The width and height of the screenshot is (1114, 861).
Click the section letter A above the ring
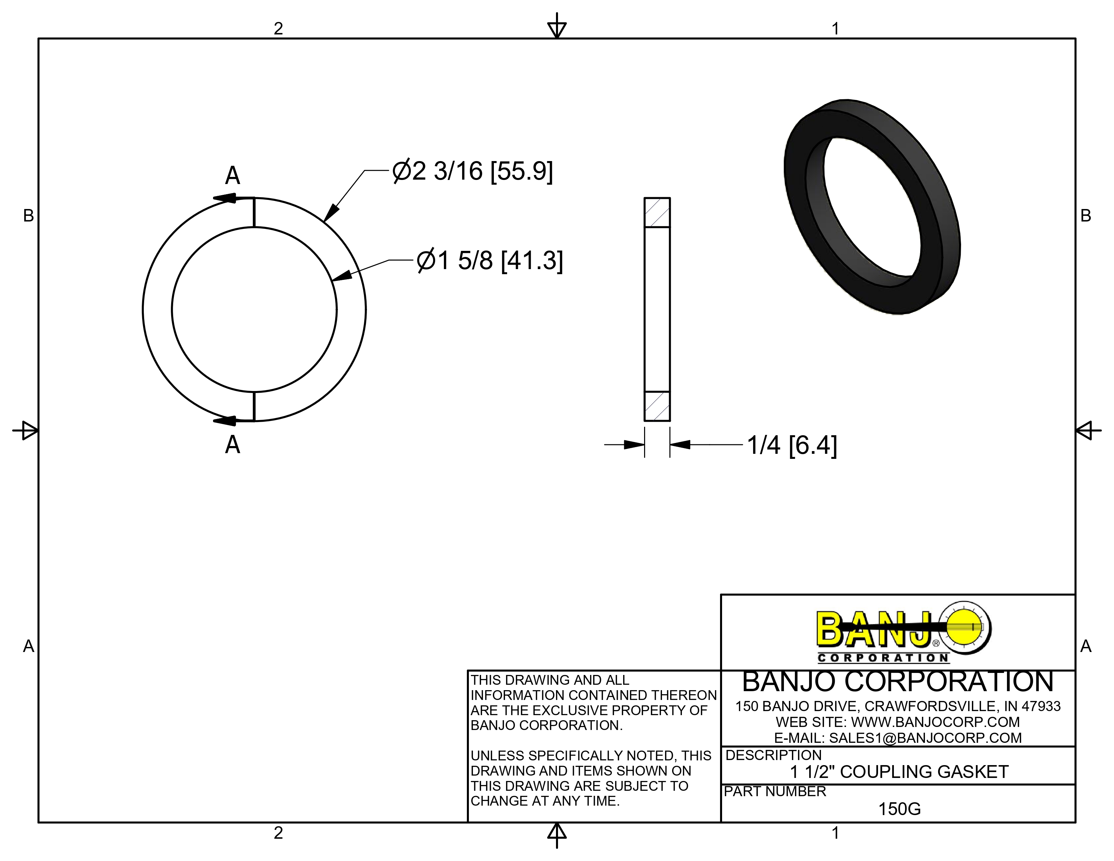point(233,176)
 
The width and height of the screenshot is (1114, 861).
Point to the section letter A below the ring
point(233,445)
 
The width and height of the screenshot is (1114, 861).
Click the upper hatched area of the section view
point(657,212)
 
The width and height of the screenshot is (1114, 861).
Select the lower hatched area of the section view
point(657,406)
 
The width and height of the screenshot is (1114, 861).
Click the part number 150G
point(899,809)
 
